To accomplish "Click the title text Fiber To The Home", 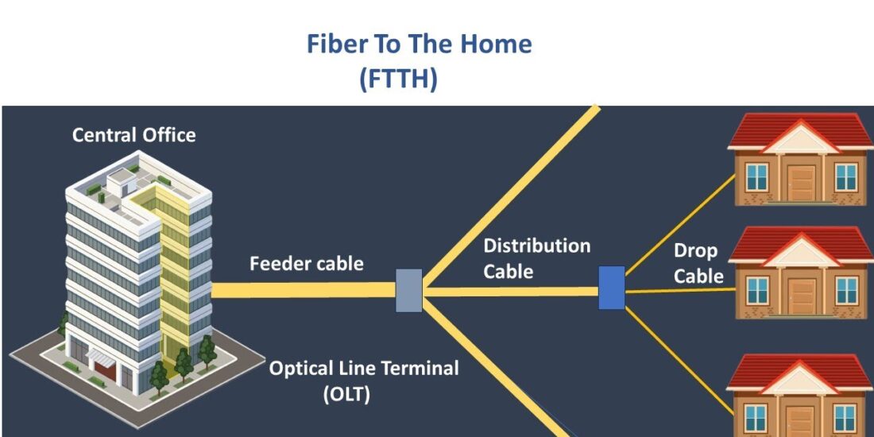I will pos(419,44).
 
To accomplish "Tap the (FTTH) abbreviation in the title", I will pos(398,79).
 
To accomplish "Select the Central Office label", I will pos(133,135).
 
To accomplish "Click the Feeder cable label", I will pos(306,264).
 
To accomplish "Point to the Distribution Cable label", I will pos(536,258).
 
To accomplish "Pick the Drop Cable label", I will pos(698,263).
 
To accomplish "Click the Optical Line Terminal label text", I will pos(364,369).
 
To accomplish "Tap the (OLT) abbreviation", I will pos(346,394).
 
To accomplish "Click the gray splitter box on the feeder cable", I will pos(408,290).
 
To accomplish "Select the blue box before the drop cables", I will pos(611,288).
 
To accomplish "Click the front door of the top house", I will pos(801,182).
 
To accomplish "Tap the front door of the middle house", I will pos(801,296).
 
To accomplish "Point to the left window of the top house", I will pos(757,176).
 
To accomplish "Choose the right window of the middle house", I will pos(846,290).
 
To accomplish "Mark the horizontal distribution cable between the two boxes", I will pos(509,292).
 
